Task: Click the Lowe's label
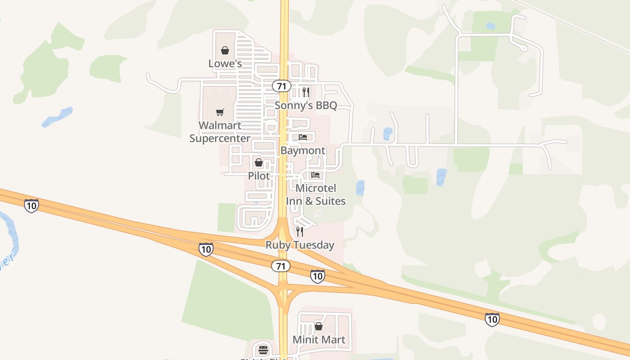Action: (x=225, y=63)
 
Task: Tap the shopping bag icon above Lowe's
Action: (x=225, y=50)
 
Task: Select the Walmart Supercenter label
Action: (x=220, y=131)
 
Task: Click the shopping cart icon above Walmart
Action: (x=220, y=112)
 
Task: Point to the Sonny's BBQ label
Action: (x=306, y=105)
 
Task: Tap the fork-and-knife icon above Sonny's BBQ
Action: (x=306, y=92)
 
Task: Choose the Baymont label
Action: (x=302, y=150)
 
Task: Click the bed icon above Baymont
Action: (x=303, y=137)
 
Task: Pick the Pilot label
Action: (x=259, y=175)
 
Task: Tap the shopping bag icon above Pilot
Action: (x=259, y=162)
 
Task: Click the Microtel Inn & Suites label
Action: (x=316, y=194)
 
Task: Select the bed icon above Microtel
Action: (x=315, y=175)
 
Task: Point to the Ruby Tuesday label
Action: (x=300, y=245)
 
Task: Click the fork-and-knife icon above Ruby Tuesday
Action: (x=300, y=232)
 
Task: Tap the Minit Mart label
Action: (x=319, y=339)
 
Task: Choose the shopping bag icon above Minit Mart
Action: (x=319, y=326)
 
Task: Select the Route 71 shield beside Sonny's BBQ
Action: (x=282, y=86)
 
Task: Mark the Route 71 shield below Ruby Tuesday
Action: (x=280, y=266)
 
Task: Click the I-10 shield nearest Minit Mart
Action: (x=317, y=276)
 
